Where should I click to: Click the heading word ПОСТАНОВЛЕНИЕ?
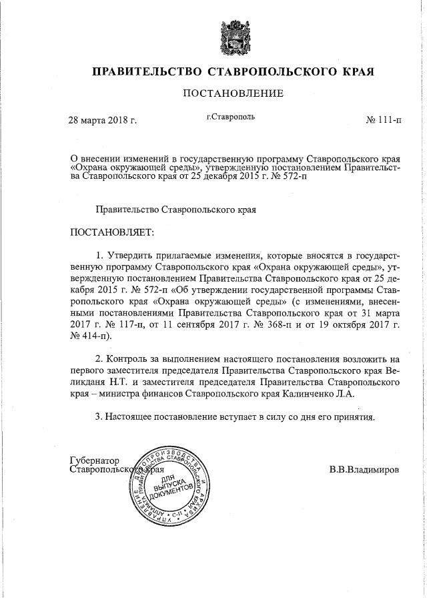pos(233,93)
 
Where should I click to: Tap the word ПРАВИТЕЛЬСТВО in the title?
pos(147,71)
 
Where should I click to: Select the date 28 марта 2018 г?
pos(103,121)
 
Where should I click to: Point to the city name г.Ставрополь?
pos(231,117)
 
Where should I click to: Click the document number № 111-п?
pos(384,121)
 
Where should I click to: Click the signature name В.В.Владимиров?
pos(365,469)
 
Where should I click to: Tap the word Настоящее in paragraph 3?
pos(131,417)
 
